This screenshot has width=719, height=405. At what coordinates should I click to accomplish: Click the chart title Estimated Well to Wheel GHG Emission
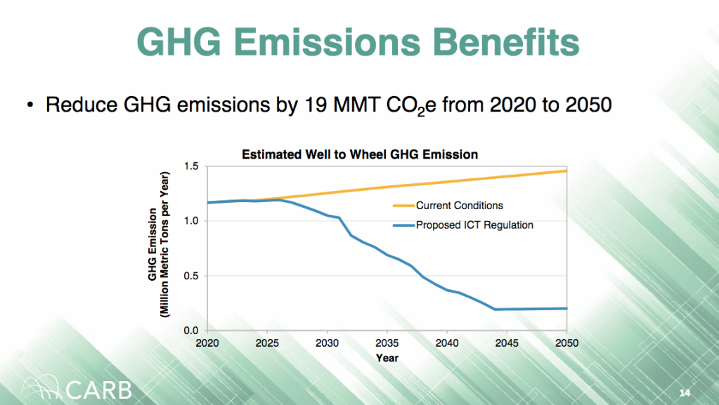click(360, 154)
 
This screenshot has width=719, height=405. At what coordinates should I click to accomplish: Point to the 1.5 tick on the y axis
click(191, 166)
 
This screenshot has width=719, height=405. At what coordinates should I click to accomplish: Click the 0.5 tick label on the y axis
click(191, 276)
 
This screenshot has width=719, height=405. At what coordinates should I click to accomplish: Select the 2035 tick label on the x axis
click(387, 343)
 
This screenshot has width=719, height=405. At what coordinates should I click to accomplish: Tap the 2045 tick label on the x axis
click(506, 343)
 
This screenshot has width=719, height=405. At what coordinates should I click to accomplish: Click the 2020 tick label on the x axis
click(207, 343)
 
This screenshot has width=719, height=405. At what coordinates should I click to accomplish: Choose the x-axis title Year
click(387, 358)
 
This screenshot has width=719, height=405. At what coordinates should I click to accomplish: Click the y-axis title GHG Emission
click(152, 245)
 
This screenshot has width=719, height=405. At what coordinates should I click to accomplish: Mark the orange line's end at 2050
click(566, 171)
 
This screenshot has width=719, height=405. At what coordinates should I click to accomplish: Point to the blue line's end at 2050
click(566, 308)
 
